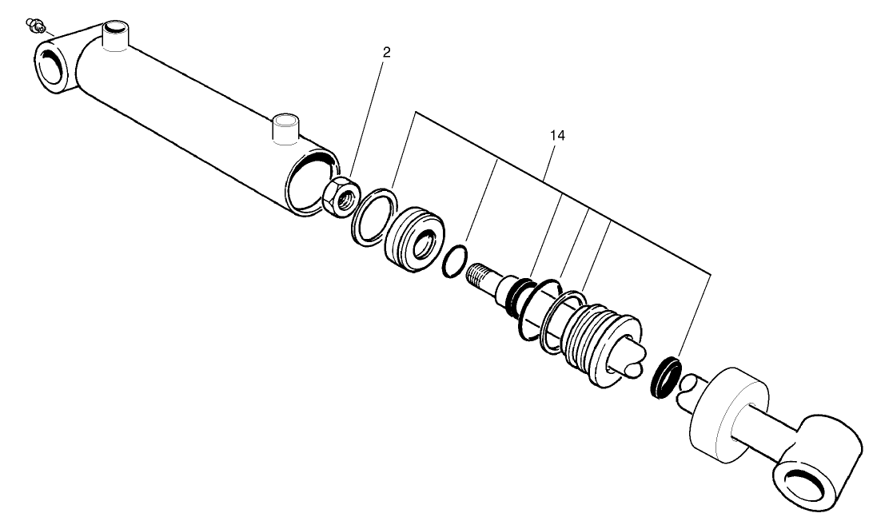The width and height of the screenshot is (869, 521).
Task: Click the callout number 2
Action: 387,53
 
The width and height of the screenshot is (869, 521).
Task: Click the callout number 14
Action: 557,136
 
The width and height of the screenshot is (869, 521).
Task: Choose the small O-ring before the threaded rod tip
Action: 456,260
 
